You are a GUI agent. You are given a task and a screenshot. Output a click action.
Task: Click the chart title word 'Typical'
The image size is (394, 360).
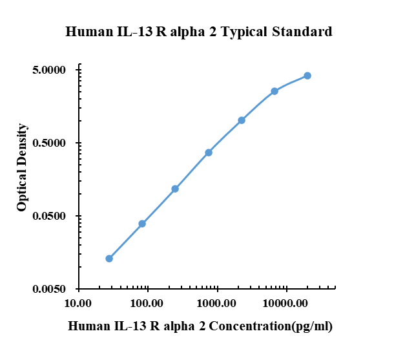pos(244,32)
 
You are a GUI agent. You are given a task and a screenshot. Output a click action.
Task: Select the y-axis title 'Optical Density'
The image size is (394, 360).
pos(22,167)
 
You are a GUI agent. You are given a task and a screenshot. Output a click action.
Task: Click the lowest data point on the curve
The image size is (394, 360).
pos(109,259)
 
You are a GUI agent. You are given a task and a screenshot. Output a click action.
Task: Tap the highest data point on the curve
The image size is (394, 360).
pos(307,76)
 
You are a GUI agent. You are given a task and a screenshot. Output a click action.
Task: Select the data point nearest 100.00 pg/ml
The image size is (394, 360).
pos(142,224)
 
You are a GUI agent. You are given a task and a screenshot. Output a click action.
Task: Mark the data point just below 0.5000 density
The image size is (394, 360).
pos(209,153)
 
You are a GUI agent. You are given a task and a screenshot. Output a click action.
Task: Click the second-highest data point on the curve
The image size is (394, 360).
pos(275,91)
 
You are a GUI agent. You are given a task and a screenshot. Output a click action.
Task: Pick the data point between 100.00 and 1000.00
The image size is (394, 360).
pos(175,189)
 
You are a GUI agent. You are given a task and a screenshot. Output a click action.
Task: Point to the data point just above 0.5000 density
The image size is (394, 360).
pos(242,120)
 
